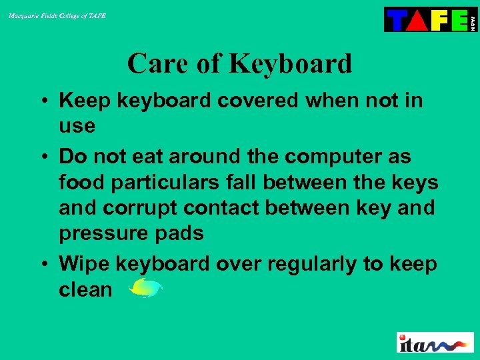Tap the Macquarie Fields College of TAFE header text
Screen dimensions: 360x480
[57, 15]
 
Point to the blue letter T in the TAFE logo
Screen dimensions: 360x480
[396, 20]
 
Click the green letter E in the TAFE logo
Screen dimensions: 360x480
[458, 20]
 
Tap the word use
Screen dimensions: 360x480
[77, 125]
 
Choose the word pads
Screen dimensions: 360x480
[181, 233]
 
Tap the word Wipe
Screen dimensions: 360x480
[85, 264]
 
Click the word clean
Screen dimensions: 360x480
[85, 289]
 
